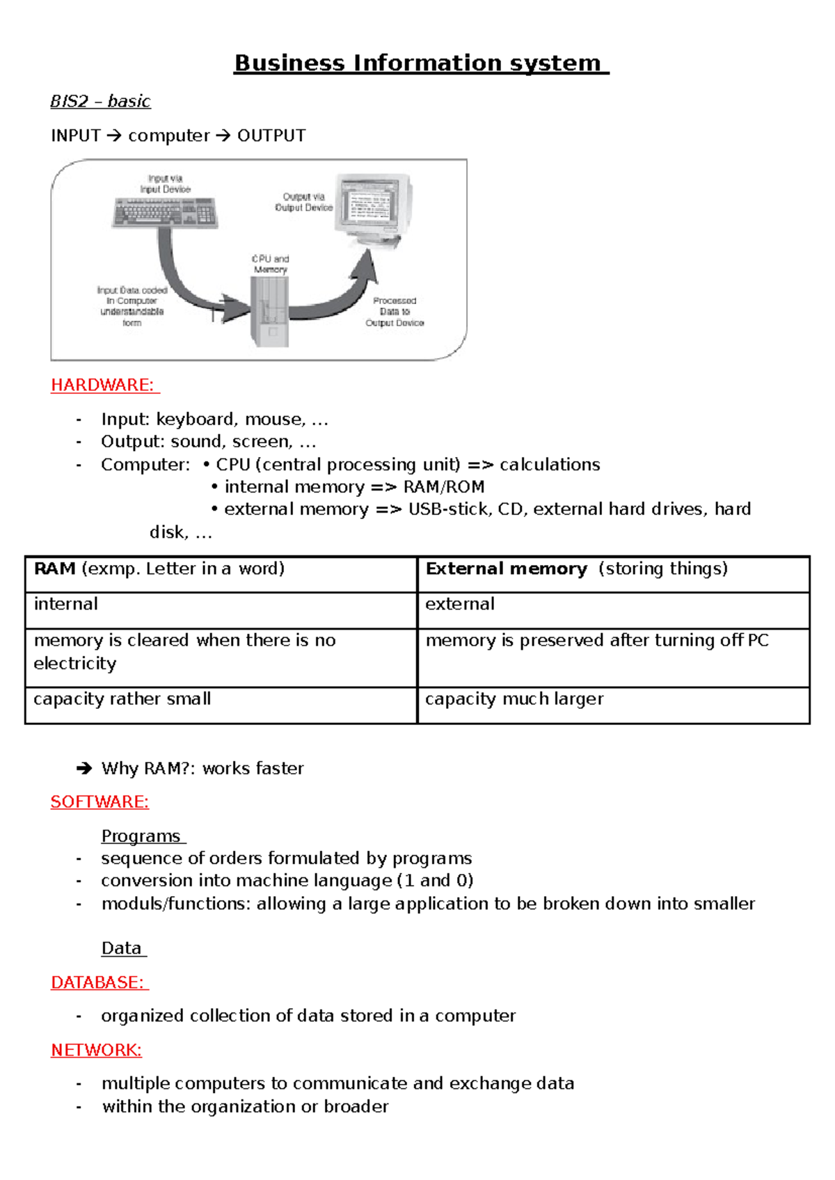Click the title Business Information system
pos(420,63)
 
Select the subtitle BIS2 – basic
pos(100,102)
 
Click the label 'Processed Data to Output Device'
pos(395,312)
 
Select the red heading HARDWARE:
pos(104,385)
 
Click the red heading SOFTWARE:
pos(100,802)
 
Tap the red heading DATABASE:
pos(99,982)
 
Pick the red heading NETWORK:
pos(96,1049)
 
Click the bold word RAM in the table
pos(54,569)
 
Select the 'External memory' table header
pos(506,569)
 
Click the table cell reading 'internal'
pos(66,604)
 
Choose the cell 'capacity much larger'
pos(514,699)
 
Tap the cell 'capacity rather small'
pos(122,699)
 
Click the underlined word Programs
pos(141,836)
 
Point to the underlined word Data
pos(122,948)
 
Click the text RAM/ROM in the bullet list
pos(444,487)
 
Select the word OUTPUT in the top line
pos(271,136)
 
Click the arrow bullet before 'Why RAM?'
pos(84,768)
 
